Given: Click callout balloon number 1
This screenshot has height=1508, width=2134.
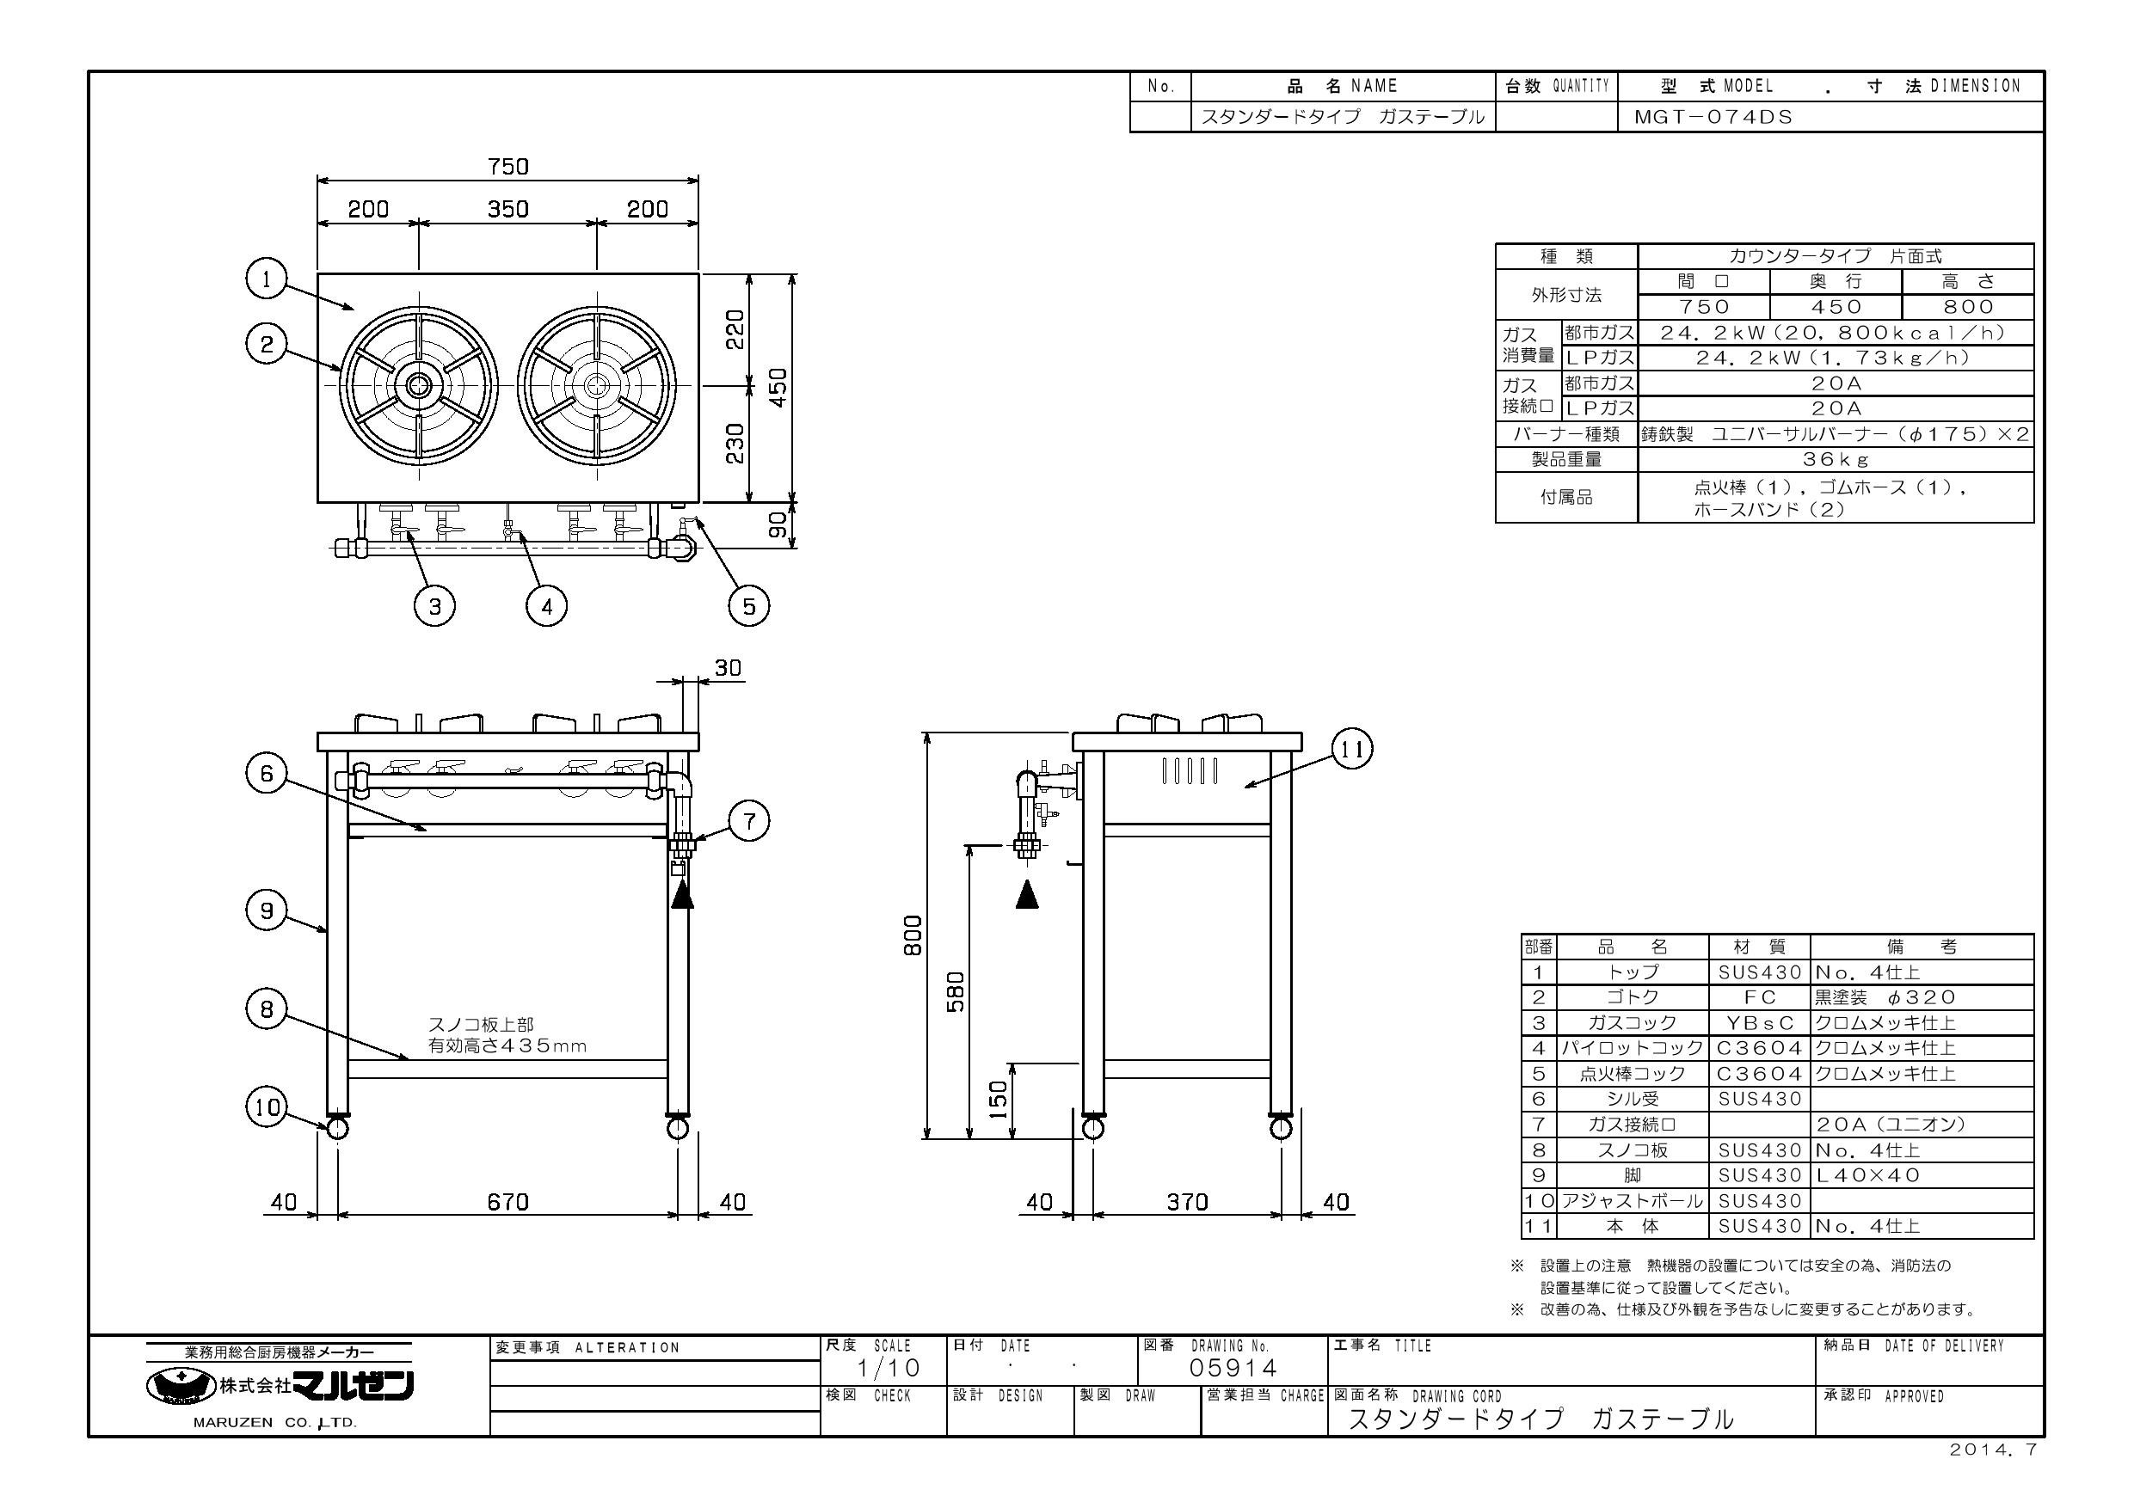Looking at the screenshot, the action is (267, 279).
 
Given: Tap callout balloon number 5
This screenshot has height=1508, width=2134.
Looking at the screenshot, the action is (749, 607).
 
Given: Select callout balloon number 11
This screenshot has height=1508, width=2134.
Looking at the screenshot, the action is (1352, 749).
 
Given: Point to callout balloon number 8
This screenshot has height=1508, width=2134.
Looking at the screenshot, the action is (267, 1009).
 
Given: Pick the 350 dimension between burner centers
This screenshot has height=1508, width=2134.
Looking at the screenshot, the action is (508, 209).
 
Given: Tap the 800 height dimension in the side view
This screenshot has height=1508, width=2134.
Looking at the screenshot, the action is (913, 935).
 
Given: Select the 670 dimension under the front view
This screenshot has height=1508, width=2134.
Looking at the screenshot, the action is (508, 1202).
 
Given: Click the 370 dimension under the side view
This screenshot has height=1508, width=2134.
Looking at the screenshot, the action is (1188, 1202).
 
